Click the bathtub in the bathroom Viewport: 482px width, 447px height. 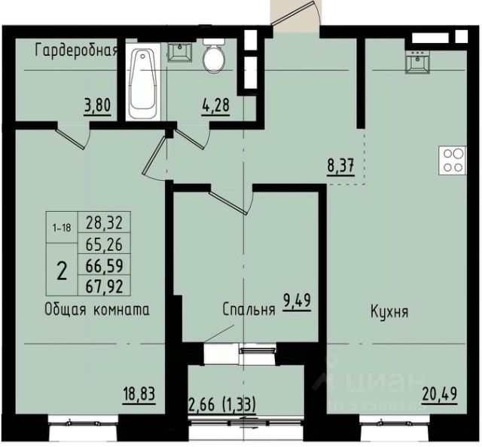tap(142, 81)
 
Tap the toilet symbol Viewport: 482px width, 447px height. tap(214, 55)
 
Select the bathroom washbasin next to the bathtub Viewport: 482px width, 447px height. tap(179, 52)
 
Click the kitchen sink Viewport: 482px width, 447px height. tap(417, 62)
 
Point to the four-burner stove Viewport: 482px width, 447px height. tap(453, 161)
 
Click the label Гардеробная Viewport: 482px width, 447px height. tap(77, 51)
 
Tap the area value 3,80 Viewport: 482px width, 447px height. tap(97, 106)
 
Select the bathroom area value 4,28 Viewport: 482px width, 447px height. tap(215, 106)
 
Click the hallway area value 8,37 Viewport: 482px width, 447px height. tap(340, 166)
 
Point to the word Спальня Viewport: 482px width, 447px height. tap(249, 310)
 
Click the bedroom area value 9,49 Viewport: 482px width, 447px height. tap(297, 302)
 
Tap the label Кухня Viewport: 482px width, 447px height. tap(389, 311)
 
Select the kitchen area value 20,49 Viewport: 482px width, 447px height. tap(440, 394)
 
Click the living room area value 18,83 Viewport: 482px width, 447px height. tap(139, 394)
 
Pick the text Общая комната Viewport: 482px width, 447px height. tap(97, 309)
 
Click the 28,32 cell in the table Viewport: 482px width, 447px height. tap(104, 222)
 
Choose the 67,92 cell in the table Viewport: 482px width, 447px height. tap(104, 286)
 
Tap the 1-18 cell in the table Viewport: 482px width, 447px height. tap(62, 228)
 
